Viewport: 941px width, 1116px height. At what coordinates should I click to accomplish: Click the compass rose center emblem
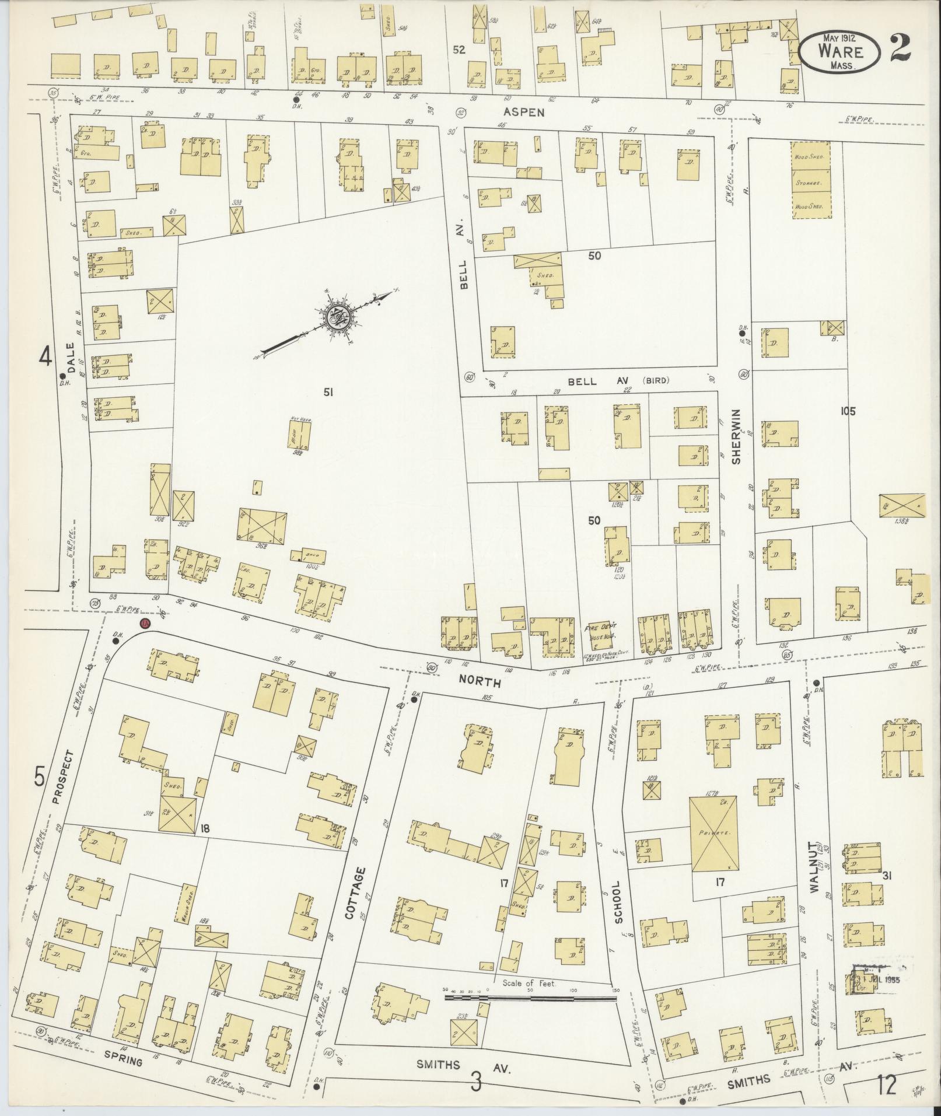click(337, 317)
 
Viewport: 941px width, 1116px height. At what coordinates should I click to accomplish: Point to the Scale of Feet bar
click(530, 999)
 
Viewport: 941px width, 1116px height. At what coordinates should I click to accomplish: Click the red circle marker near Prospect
click(145, 624)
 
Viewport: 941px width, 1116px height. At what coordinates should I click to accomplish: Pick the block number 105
click(848, 411)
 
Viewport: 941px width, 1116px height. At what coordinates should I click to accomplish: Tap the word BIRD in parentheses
click(656, 381)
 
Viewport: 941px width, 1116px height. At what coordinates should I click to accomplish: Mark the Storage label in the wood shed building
click(810, 183)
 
